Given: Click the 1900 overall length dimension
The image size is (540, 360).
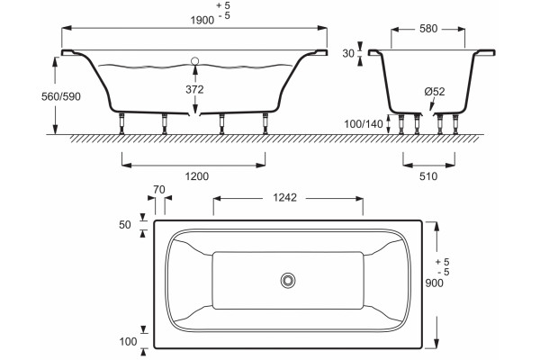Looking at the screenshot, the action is pos(202,21).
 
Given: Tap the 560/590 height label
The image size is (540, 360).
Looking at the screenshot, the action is pos(61,96).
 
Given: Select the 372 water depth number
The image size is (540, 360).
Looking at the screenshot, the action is pos(194,90).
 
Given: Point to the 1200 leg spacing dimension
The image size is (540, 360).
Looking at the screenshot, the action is pos(197,176).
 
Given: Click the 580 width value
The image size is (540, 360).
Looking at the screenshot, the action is pos(428,29).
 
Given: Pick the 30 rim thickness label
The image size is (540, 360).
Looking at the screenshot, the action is pos(348,53).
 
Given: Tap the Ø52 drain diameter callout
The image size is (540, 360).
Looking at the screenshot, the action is pos(435,92).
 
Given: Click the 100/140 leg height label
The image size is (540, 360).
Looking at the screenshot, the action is pos(364,123).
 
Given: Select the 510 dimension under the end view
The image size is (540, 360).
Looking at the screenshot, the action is pos(428,176).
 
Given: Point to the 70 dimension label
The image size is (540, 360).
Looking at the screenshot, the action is pos(159,190).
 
